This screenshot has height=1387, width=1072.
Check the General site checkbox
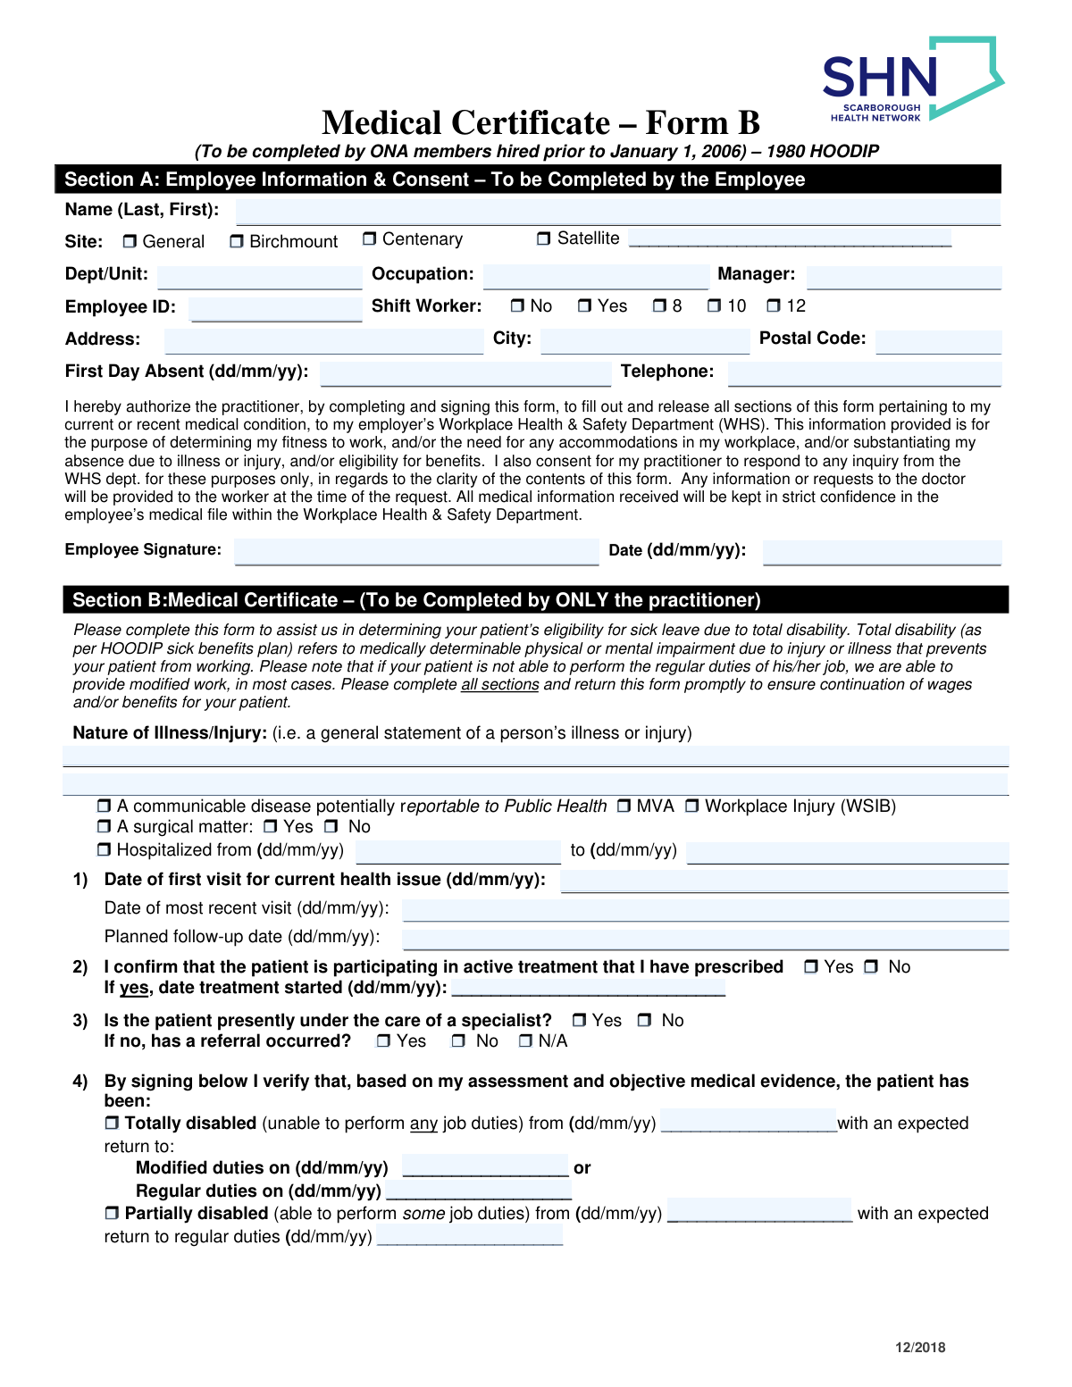[130, 242]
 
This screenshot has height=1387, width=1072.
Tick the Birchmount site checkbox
[237, 242]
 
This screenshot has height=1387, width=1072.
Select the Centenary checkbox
[370, 239]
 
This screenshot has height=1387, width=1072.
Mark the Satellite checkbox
[544, 238]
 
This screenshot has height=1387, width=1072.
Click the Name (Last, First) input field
[617, 212]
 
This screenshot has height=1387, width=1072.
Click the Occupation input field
[595, 276]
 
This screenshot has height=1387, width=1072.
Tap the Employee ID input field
[275, 309]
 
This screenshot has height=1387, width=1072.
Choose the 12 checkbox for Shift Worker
[774, 306]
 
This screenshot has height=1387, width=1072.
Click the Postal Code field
[938, 341]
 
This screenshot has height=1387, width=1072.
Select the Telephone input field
[864, 373]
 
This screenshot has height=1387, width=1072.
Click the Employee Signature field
[416, 551]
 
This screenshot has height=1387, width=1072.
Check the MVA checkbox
[624, 806]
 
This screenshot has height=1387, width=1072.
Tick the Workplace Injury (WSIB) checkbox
[692, 806]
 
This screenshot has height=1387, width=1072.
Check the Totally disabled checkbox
[112, 1124]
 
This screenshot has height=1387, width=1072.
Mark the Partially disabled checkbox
[112, 1214]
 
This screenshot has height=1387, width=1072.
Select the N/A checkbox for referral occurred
[525, 1041]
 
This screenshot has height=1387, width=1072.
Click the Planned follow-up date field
[705, 939]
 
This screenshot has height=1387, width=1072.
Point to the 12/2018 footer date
[920, 1348]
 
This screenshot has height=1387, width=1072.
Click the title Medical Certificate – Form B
[540, 123]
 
